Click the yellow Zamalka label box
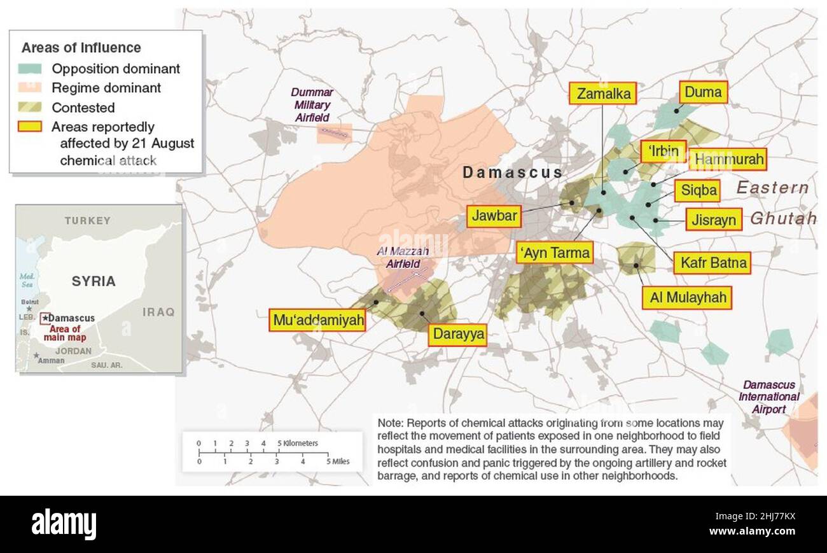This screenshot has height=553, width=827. click(603, 94)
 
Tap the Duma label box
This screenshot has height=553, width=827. click(703, 92)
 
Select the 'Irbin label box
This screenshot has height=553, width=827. click(663, 151)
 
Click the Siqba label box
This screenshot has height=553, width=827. click(699, 190)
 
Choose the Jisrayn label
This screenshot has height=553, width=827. click(713, 220)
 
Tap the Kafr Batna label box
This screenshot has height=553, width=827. click(712, 262)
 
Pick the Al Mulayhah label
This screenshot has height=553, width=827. click(686, 297)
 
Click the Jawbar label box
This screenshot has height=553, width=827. click(494, 216)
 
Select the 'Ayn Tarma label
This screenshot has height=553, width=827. click(555, 253)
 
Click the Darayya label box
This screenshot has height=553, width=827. click(457, 334)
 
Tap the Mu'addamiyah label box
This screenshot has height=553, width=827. click(318, 319)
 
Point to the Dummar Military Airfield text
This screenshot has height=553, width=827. click(312, 105)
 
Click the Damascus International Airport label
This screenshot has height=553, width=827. click(768, 396)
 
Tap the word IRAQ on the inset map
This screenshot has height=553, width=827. click(158, 312)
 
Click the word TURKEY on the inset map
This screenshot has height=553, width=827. click(87, 221)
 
